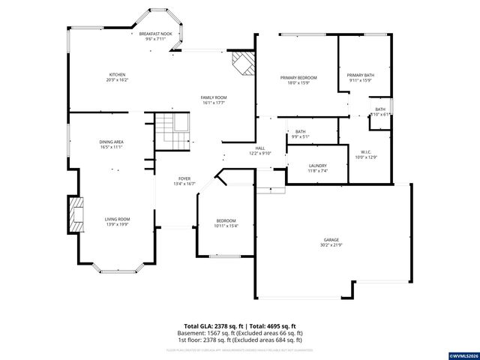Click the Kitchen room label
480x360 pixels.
tap(117, 76)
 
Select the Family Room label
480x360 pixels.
tap(214, 100)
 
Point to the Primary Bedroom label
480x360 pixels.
tap(298, 79)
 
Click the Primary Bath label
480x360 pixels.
tap(360, 77)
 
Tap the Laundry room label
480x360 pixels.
tap(317, 168)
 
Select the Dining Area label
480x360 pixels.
tap(110, 144)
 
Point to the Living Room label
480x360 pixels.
tap(117, 220)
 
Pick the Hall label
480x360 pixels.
tap(260, 151)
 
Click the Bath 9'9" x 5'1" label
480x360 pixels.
tap(299, 134)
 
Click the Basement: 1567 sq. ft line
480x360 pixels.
tap(239, 332)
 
